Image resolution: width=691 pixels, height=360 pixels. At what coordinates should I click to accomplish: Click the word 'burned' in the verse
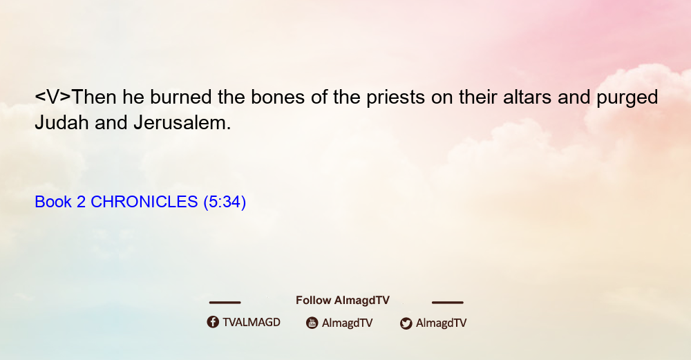[180, 97]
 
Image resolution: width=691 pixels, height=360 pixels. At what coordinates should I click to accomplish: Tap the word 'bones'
[278, 97]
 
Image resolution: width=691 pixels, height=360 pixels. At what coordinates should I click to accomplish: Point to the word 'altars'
[527, 97]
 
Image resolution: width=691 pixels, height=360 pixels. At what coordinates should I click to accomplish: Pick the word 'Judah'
[61, 122]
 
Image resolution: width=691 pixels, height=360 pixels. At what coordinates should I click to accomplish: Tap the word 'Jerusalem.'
[182, 122]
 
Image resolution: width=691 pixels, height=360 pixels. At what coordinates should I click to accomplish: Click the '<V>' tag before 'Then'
[53, 97]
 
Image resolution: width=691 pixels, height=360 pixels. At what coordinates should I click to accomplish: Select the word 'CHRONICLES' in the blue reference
[144, 202]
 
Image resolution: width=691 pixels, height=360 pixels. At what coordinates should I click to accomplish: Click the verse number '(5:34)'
[225, 202]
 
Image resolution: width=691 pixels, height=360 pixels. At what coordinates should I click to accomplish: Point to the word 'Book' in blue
[53, 202]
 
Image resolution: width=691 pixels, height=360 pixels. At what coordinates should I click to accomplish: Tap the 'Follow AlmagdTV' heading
[343, 301]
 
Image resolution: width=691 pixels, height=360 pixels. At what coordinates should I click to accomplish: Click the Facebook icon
[213, 322]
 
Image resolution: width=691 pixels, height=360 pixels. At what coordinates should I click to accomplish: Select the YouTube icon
[312, 323]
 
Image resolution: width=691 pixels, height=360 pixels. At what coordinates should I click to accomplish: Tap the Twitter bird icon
[406, 323]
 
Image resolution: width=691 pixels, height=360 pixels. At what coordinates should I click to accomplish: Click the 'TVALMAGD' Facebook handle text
[252, 323]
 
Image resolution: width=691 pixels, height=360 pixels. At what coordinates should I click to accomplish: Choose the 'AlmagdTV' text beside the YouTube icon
[348, 323]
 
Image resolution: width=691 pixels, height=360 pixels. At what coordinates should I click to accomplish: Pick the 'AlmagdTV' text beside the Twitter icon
[441, 323]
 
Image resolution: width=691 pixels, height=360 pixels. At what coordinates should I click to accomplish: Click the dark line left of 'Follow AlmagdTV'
[225, 302]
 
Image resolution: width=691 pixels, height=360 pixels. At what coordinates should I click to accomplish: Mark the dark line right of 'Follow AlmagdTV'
[448, 302]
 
